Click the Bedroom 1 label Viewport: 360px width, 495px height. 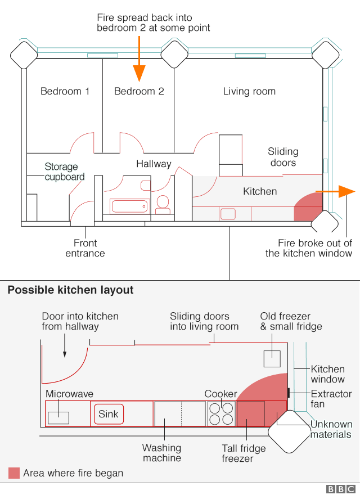65,91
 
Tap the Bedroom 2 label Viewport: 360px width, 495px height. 139,91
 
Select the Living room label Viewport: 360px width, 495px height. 249,91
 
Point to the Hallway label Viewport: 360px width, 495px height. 154,164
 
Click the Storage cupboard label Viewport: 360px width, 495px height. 64,172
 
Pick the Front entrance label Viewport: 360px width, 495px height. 85,248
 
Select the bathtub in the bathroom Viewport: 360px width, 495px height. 129,206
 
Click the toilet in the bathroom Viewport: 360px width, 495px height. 163,204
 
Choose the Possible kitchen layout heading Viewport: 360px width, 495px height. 70,290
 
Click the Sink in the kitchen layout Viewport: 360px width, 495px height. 109,415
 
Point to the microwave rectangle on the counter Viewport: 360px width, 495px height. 58,417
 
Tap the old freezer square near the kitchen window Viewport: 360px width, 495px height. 272,358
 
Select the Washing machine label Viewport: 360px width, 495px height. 161,453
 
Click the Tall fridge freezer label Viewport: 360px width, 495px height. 244,453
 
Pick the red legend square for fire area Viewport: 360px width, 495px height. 14,473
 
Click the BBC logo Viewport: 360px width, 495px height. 341,489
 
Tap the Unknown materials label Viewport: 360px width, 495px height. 331,429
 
